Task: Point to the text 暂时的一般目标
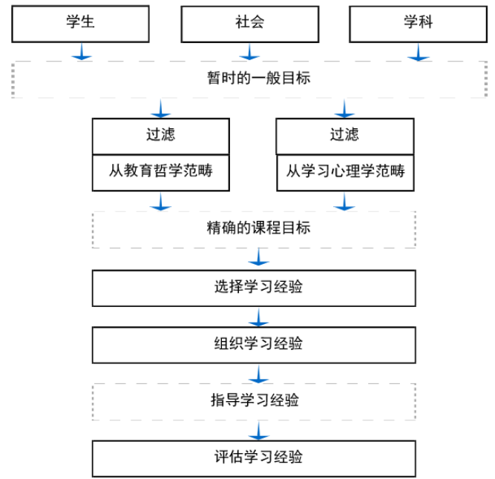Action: (258, 78)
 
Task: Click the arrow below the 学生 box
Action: (82, 51)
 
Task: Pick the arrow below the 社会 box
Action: (249, 51)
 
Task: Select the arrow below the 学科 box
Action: (419, 52)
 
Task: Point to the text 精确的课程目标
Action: (258, 228)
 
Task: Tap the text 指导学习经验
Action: (255, 400)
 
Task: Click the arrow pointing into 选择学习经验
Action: (258, 257)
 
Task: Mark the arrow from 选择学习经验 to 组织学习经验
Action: (258, 317)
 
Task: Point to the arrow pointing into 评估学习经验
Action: (258, 431)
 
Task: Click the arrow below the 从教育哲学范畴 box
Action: (161, 202)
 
